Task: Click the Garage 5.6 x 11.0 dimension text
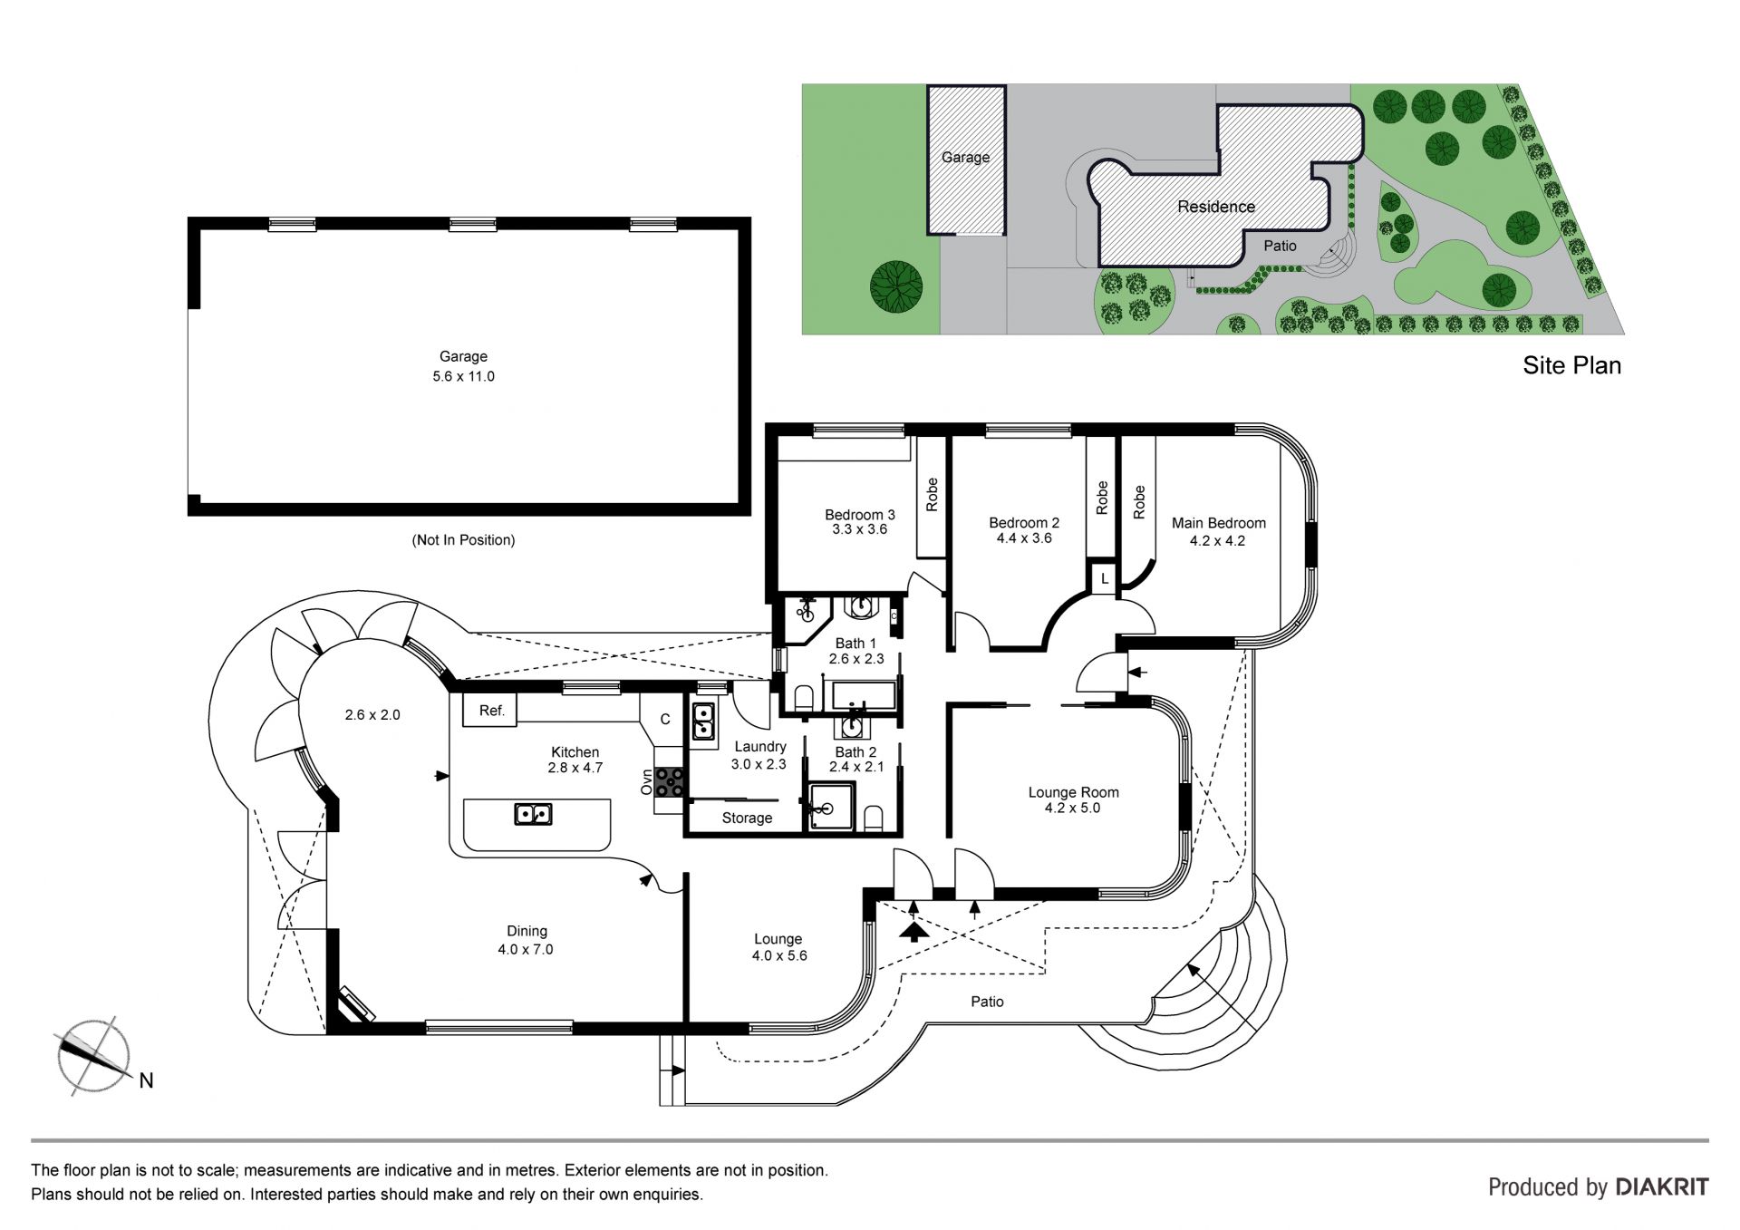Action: pyautogui.click(x=463, y=376)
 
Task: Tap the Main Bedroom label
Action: pyautogui.click(x=1218, y=523)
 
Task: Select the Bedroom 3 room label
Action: pyautogui.click(x=859, y=515)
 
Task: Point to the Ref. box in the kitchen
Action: pyautogui.click(x=490, y=711)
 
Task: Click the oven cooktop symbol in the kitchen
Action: pyautogui.click(x=670, y=781)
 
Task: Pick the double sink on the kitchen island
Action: pyautogui.click(x=533, y=814)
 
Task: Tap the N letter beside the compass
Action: pyautogui.click(x=146, y=1080)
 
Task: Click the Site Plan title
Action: pyautogui.click(x=1571, y=365)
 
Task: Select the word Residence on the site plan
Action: pyautogui.click(x=1216, y=207)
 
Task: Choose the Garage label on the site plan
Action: pyautogui.click(x=965, y=157)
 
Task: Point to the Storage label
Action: pyautogui.click(x=747, y=818)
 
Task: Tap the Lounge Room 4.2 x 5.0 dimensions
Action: pyautogui.click(x=1072, y=808)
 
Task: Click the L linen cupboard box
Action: pyautogui.click(x=1104, y=578)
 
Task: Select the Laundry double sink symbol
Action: pyautogui.click(x=703, y=722)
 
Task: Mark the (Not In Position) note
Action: pyautogui.click(x=463, y=540)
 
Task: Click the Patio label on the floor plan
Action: pyautogui.click(x=987, y=1002)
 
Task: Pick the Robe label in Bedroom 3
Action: pyautogui.click(x=932, y=495)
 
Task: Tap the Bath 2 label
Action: pyautogui.click(x=855, y=752)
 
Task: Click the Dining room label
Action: pyautogui.click(x=527, y=932)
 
